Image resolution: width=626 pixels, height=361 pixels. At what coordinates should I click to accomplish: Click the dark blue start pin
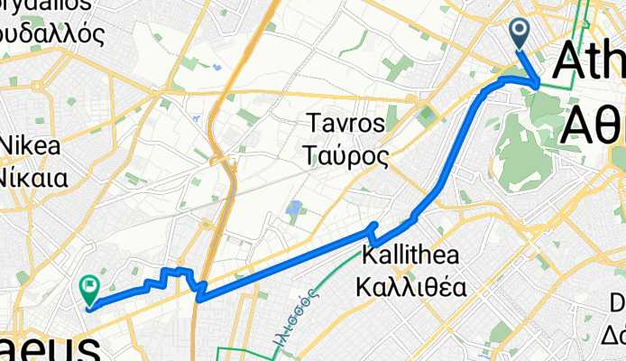pyautogui.click(x=521, y=33)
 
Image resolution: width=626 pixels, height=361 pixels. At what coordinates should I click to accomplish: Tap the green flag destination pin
pyautogui.click(x=89, y=289)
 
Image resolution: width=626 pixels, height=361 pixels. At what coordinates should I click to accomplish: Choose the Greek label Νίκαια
pyautogui.click(x=34, y=176)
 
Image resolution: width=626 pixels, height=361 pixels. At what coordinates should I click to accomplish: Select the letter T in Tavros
pyautogui.click(x=313, y=122)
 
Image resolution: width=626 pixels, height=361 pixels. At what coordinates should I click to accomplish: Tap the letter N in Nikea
pyautogui.click(x=8, y=145)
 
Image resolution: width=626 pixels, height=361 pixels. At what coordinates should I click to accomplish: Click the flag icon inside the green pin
pyautogui.click(x=89, y=287)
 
